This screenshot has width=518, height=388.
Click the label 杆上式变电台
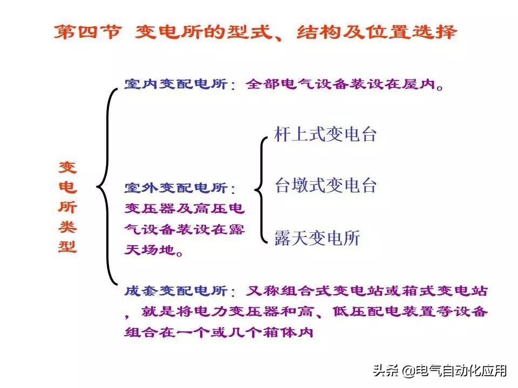325,134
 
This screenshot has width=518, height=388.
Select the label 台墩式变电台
325,185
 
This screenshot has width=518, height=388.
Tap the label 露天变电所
317,238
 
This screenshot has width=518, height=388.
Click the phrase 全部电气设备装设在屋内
345,85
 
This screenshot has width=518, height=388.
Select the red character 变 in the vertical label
68,167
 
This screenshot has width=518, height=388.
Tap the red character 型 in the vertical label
68,246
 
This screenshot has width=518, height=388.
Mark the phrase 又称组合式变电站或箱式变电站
366,292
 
